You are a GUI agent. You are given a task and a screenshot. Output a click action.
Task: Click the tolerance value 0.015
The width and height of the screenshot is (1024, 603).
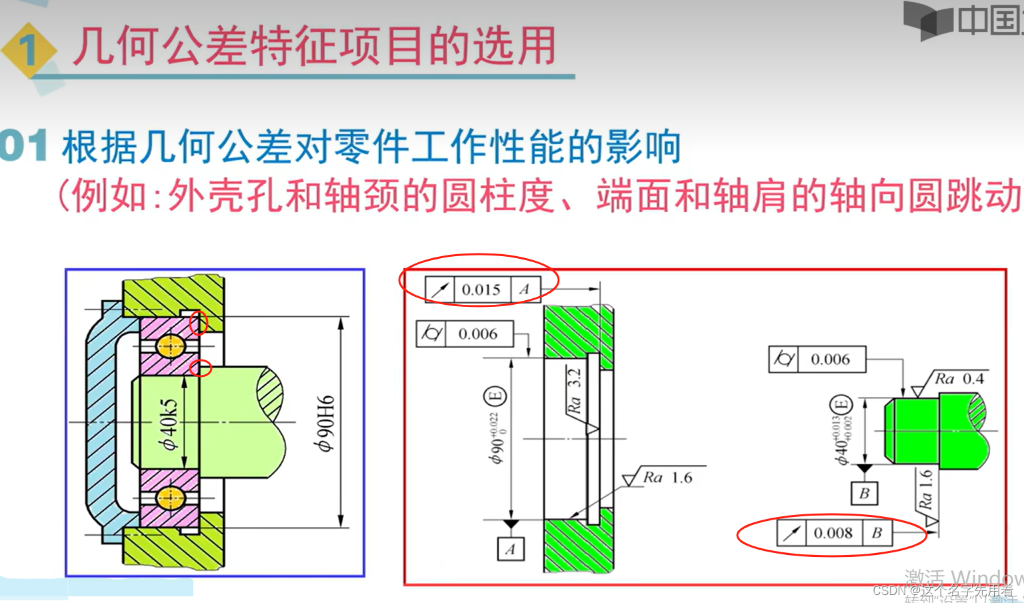pyautogui.click(x=481, y=289)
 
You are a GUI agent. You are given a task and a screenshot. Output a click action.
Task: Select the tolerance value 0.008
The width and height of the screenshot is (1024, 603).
pyautogui.click(x=833, y=533)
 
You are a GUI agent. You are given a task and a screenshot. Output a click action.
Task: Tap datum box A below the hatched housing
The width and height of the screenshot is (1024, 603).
pyautogui.click(x=510, y=549)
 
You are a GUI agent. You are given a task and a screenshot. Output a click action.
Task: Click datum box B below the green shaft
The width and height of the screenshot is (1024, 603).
pyautogui.click(x=864, y=494)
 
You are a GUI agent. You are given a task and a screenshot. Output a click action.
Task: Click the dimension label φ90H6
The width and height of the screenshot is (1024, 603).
pyautogui.click(x=325, y=424)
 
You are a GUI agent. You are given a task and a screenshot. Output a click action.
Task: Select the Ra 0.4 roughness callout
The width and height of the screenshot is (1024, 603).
pyautogui.click(x=959, y=379)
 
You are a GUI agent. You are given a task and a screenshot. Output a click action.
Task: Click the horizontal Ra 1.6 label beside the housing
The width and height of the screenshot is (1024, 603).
pyautogui.click(x=667, y=478)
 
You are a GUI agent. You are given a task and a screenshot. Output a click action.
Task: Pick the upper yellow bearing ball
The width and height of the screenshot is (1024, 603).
pyautogui.click(x=169, y=346)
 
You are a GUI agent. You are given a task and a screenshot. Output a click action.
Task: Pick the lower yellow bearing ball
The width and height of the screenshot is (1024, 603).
pyautogui.click(x=169, y=498)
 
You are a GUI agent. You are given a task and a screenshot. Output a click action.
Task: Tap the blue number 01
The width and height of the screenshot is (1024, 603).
pyautogui.click(x=24, y=145)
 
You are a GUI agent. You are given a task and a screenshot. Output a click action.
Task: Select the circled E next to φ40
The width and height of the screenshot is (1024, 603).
pyautogui.click(x=841, y=405)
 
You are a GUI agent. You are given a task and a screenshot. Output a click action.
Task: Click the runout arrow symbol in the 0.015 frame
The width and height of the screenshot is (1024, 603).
pyautogui.click(x=440, y=289)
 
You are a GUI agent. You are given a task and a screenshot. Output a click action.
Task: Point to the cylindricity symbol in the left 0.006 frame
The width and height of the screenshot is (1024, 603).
pyautogui.click(x=431, y=334)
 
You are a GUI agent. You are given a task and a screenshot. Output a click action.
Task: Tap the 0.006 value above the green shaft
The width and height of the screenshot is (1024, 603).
pyautogui.click(x=830, y=360)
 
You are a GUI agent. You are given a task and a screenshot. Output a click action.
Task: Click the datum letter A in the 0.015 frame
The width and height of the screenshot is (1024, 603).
pyautogui.click(x=524, y=289)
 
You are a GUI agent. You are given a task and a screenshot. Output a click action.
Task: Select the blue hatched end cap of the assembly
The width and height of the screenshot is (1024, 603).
pyautogui.click(x=100, y=420)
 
